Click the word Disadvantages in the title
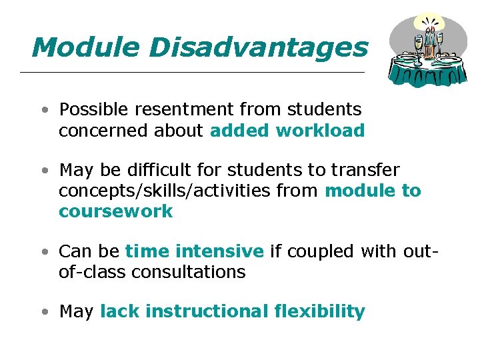259,47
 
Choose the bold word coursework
115,212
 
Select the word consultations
189,272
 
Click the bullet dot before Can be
43,251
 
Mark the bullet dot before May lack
43,311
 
